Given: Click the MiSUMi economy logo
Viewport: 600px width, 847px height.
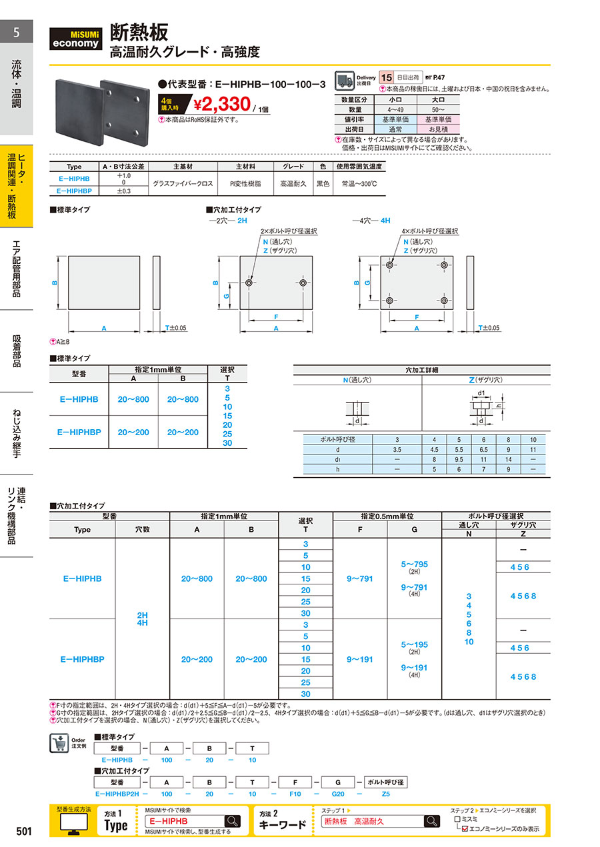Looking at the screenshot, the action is [75, 39].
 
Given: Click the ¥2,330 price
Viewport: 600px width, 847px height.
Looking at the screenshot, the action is [222, 105].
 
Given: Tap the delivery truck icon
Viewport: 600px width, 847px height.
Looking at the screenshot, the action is [344, 81].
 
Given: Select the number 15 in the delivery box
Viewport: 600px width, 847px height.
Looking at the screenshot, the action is [386, 77].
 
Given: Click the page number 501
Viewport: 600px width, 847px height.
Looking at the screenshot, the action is [24, 831].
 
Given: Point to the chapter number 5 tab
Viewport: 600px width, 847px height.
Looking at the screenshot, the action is [16, 32].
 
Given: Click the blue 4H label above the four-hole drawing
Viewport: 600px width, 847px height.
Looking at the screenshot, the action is [385, 221].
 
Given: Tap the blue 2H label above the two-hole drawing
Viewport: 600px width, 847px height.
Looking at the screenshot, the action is [242, 221].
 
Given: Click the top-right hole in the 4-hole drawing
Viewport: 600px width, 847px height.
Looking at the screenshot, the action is [444, 265].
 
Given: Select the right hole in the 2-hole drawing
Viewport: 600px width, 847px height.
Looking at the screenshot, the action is [303, 283].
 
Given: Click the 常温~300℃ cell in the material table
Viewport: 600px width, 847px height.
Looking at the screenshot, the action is [359, 184].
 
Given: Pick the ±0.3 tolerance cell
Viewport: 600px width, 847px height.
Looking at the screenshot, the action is [124, 191].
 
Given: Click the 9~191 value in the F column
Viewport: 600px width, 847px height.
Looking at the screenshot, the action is [360, 659].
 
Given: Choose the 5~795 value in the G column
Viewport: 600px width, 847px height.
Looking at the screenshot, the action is [414, 564].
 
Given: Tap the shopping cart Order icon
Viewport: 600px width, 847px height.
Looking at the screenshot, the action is [59, 743].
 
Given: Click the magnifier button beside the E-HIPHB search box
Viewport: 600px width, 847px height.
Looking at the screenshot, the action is [233, 821].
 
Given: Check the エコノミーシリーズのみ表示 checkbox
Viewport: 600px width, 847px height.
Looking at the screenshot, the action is [465, 829].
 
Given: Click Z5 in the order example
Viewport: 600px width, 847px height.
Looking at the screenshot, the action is [385, 794].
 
